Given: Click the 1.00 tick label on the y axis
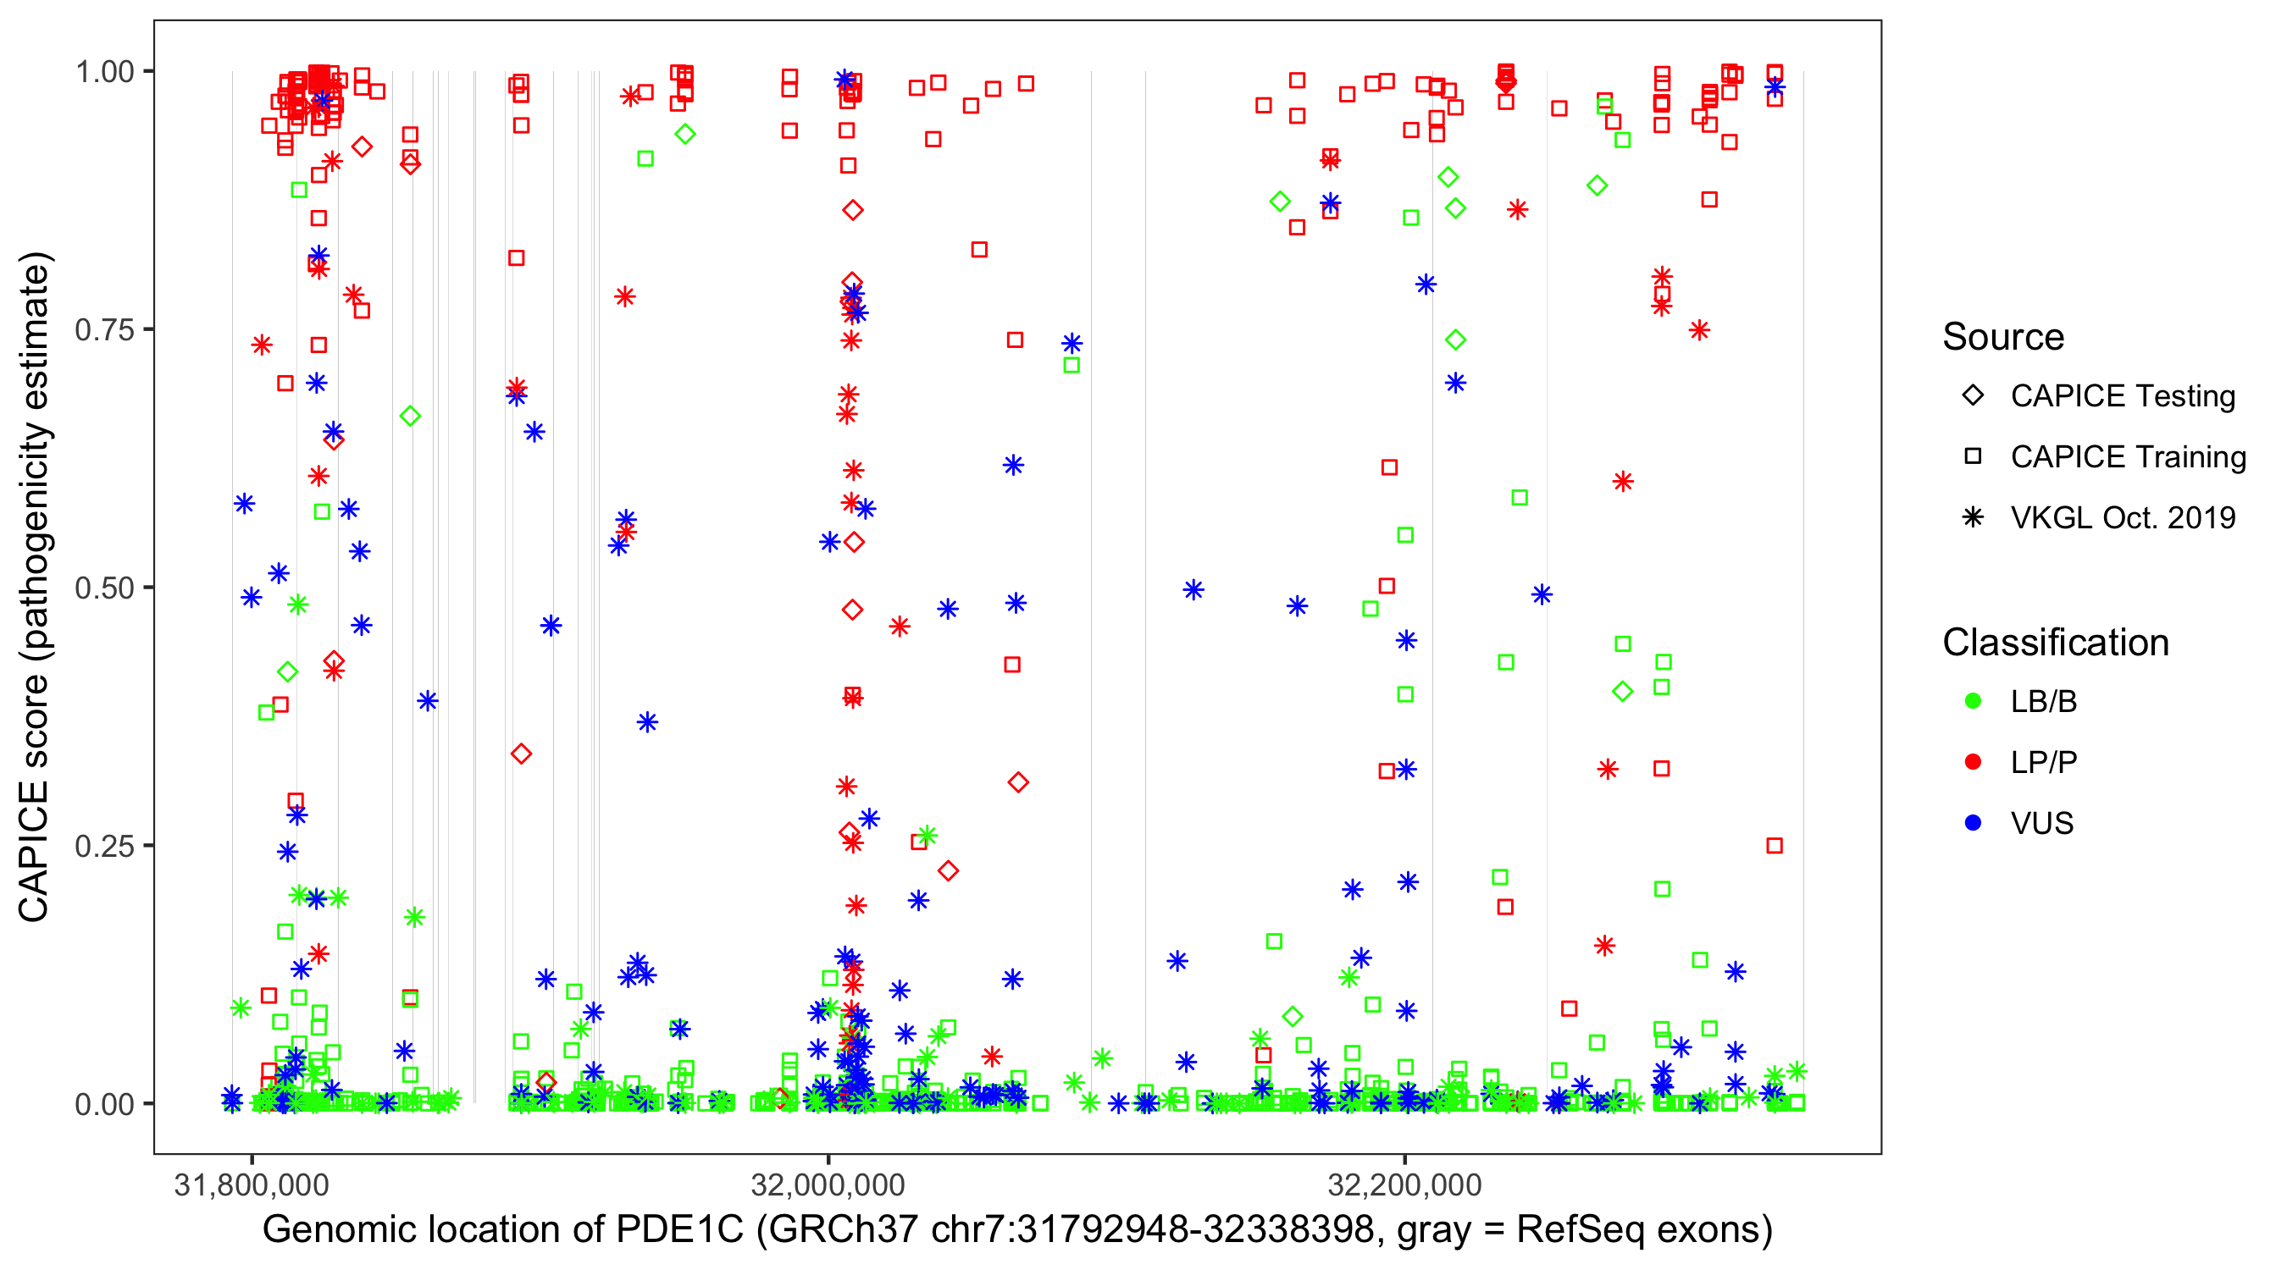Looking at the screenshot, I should pos(104,72).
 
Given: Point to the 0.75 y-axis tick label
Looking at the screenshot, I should pos(104,330).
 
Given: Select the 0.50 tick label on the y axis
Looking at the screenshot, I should pos(104,588).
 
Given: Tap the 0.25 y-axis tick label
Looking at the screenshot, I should pos(104,846).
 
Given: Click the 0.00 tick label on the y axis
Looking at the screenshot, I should pos(104,1104).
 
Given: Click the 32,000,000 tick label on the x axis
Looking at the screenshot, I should pos(828,1184).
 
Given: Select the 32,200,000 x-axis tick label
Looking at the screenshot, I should pos(1404,1184).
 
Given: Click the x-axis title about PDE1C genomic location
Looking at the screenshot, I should pos(1017,1230).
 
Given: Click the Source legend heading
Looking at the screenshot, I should pos(2003,337).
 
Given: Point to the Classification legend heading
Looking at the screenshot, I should pos(2055,643).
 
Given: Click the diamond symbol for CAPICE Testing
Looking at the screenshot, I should pos(1973,396).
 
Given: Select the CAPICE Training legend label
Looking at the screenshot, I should pos(2128,457).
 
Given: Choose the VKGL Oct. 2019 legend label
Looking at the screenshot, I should pos(2123,518).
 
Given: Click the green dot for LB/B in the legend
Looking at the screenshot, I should pos(1973,702).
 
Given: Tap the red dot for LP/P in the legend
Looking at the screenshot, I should pos(1973,762).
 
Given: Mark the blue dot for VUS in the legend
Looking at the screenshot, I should pos(1973,824).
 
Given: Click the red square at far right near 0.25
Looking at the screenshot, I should pos(1774,846).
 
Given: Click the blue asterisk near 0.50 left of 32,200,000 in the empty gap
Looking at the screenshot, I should pos(1193,590).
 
